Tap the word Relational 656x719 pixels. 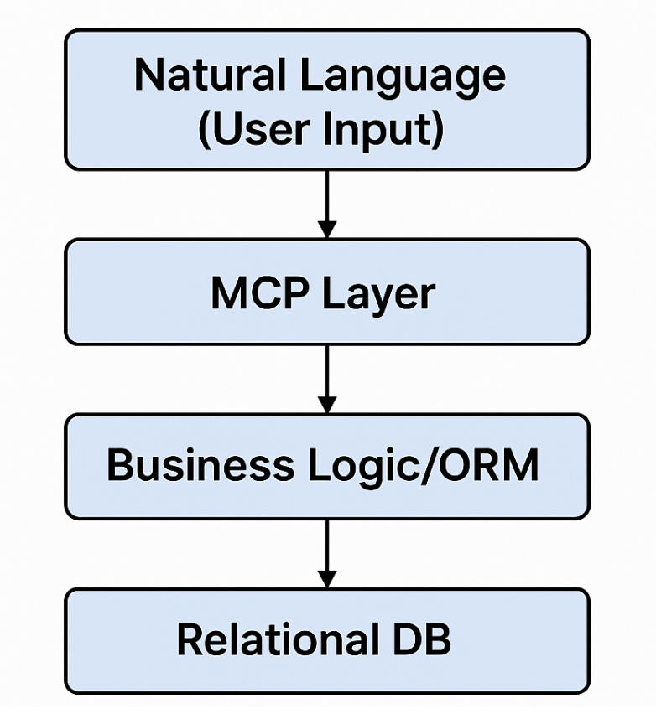tap(276, 640)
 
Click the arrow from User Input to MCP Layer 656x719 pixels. tap(327, 201)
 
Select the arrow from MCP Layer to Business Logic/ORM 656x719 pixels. tap(327, 377)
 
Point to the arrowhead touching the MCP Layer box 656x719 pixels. tap(327, 230)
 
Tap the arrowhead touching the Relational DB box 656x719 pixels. tap(327, 579)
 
